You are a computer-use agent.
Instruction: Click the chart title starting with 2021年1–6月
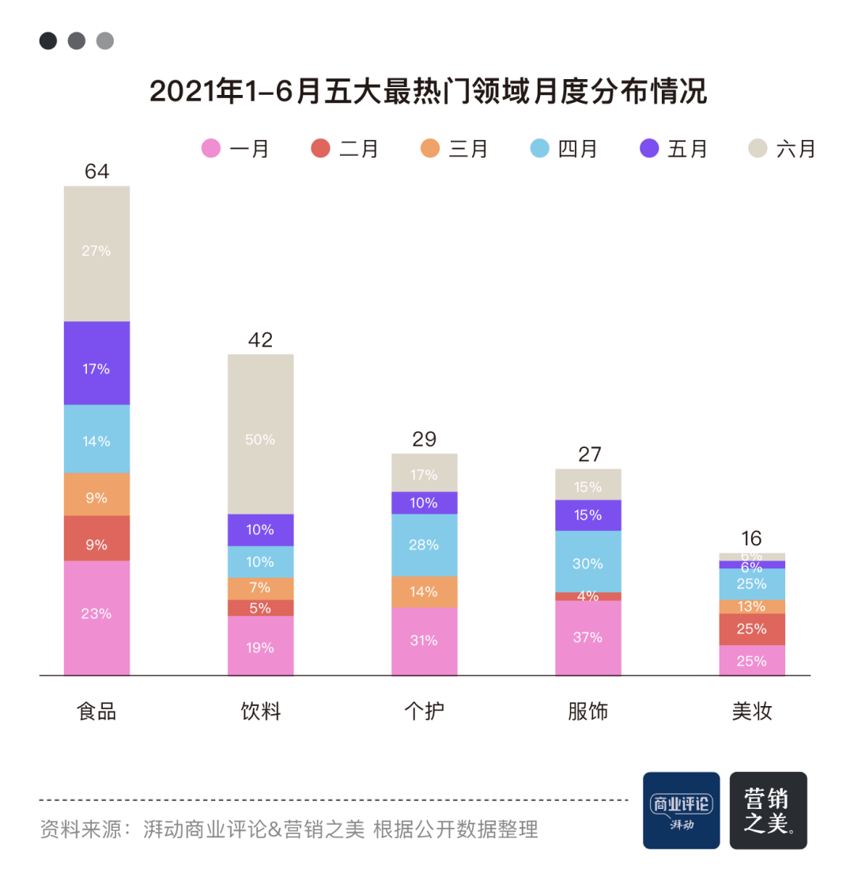tap(427, 92)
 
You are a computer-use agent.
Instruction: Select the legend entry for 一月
tap(236, 149)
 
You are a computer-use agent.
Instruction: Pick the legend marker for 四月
tap(540, 148)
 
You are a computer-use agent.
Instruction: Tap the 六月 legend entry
tap(782, 149)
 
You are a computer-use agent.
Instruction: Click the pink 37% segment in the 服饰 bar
tap(588, 638)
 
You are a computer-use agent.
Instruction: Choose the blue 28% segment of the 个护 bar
tap(424, 545)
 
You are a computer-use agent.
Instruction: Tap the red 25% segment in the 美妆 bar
tap(751, 629)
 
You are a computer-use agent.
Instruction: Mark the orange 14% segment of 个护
tap(424, 591)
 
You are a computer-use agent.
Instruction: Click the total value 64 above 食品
tap(96, 171)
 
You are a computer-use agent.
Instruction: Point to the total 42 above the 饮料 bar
tap(260, 340)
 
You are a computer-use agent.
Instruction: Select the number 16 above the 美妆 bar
tap(751, 538)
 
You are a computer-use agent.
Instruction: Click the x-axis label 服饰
tap(588, 711)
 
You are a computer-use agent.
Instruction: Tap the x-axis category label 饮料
tap(260, 711)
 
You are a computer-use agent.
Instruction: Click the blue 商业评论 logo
tap(681, 811)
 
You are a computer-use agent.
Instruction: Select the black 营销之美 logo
tap(768, 811)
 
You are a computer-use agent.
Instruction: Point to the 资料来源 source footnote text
tap(289, 829)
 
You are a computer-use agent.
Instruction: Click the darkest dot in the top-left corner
tap(48, 40)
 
